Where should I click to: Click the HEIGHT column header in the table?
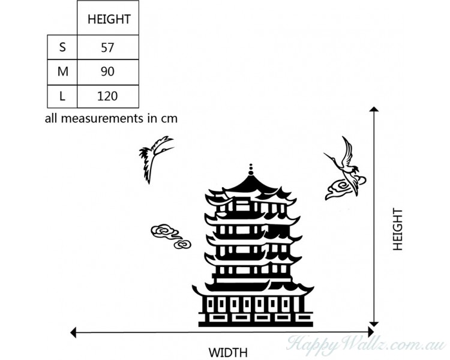click(x=109, y=19)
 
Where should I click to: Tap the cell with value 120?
click(x=108, y=96)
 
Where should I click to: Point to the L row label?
click(x=62, y=96)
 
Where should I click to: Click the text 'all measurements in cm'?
click(x=111, y=118)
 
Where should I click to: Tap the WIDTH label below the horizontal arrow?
click(x=227, y=353)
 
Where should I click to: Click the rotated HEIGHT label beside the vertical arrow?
click(x=397, y=229)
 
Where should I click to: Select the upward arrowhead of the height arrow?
click(x=374, y=110)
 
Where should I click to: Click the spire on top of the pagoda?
click(x=251, y=170)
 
